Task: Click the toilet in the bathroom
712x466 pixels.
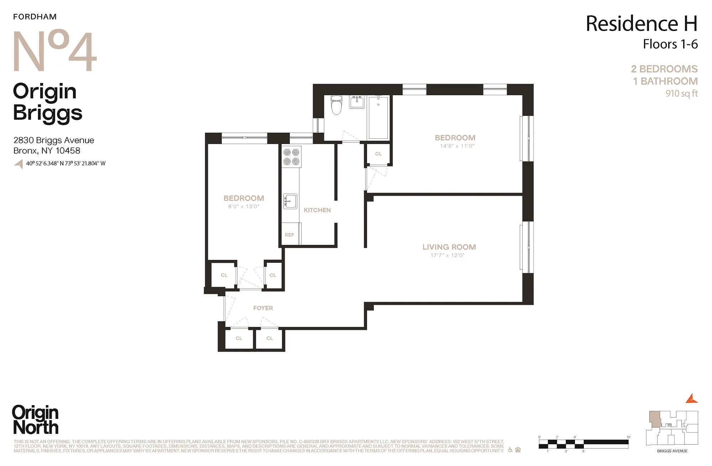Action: (336, 105)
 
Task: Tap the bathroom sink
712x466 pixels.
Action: (357, 102)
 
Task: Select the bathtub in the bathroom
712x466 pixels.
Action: (378, 118)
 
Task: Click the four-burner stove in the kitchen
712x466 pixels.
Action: (291, 157)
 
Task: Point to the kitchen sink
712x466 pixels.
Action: (290, 201)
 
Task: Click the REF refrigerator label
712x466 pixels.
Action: (289, 235)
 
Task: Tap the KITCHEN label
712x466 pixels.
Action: (317, 210)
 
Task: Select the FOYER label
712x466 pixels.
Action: (263, 308)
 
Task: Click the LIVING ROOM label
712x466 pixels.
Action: (449, 247)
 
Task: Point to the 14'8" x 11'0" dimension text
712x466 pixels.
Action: (457, 146)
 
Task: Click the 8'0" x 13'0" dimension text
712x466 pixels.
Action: (244, 206)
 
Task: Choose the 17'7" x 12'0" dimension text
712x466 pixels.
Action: (447, 255)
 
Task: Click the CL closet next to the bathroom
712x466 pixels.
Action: (378, 154)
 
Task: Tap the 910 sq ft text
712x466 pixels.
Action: (681, 93)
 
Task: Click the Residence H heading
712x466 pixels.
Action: (641, 24)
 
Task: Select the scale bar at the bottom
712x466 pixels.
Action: (583, 444)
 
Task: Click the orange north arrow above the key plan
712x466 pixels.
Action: (691, 399)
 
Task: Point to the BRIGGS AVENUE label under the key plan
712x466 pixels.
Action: (672, 451)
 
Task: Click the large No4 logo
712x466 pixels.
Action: (54, 51)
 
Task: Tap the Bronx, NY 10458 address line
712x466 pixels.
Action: (47, 150)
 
